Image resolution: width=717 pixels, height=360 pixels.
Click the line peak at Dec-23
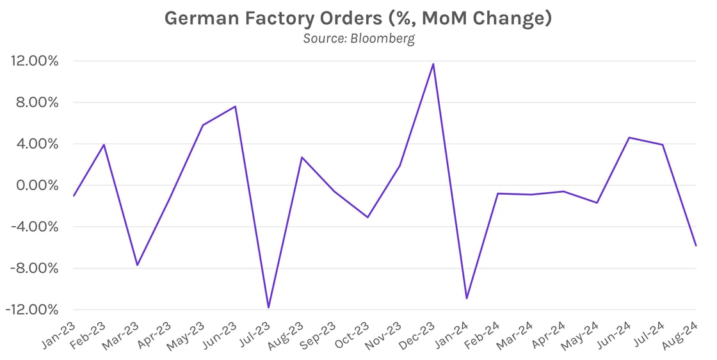[433, 64]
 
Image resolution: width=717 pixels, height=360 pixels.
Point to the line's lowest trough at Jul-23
[268, 307]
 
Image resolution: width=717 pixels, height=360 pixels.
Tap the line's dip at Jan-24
[466, 298]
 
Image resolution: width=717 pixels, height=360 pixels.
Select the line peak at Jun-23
[236, 106]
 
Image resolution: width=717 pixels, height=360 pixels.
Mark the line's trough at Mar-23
[137, 265]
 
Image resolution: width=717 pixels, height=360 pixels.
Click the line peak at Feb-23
[104, 145]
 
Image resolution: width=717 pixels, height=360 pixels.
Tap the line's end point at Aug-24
[696, 245]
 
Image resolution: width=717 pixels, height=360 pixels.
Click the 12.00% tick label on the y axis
[35, 61]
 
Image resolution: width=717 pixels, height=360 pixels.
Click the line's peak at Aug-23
[302, 157]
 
